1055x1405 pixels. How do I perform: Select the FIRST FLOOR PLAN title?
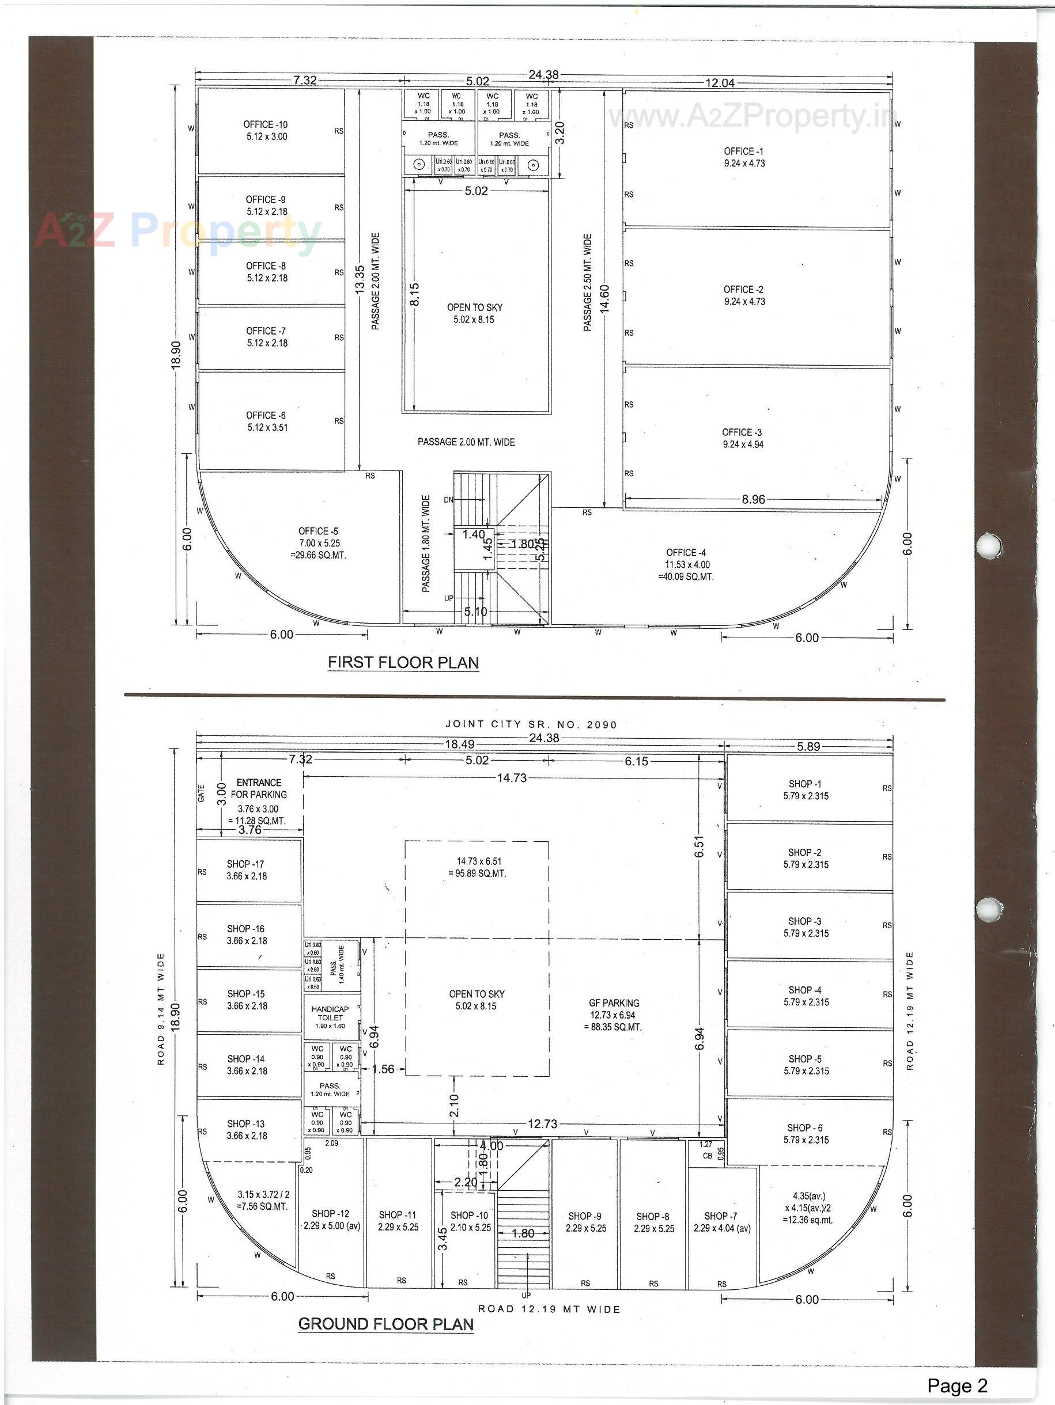pos(403,663)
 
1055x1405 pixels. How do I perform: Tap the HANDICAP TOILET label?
pos(330,1013)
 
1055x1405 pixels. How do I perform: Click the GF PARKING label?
pos(614,1003)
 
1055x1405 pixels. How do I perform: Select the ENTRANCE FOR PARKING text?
pos(259,788)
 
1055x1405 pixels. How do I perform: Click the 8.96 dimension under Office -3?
pos(753,499)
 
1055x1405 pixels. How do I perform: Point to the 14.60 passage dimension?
pos(604,298)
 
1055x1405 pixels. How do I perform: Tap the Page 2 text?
pos(957,1385)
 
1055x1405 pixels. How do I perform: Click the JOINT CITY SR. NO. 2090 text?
pos(531,724)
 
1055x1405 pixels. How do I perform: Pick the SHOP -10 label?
pos(469,1215)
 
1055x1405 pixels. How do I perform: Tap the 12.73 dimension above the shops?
pos(542,1123)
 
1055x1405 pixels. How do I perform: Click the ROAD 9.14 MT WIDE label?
pos(161,1009)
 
